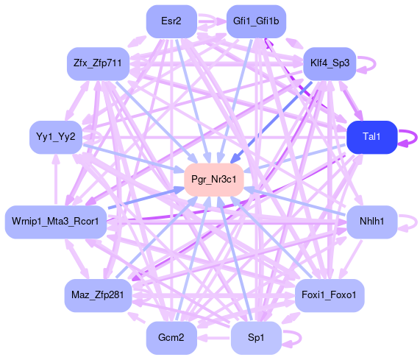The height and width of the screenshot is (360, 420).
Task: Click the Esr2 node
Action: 171,21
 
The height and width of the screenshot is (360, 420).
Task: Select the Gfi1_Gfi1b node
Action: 256,21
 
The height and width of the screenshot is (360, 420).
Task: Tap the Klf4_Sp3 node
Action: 330,63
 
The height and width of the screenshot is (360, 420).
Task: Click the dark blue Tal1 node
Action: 371,137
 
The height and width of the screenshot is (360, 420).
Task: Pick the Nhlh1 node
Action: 371,222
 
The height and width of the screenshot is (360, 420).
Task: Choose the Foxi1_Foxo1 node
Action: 330,295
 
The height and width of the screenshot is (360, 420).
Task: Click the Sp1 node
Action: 256,337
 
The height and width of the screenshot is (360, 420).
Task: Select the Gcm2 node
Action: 171,337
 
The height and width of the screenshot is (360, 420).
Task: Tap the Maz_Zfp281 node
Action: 98,295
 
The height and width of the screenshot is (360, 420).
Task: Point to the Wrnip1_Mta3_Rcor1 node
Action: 56,222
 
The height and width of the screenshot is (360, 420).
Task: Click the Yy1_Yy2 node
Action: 56,137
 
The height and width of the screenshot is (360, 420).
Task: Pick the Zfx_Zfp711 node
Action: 98,63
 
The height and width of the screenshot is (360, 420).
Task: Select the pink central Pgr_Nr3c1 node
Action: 214,180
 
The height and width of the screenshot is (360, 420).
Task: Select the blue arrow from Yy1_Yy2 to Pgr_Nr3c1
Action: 133,158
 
